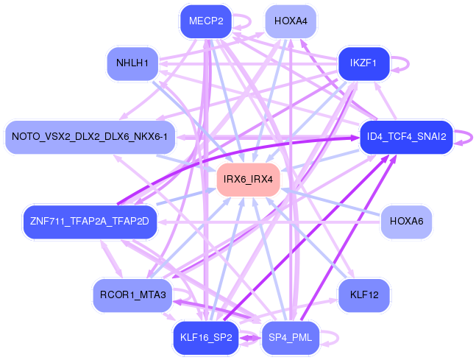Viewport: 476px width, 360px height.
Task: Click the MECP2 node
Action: (206, 21)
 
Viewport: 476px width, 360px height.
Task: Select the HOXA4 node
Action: (291, 21)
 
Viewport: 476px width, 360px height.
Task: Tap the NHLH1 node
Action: (132, 63)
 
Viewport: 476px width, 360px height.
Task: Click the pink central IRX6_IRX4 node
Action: (248, 180)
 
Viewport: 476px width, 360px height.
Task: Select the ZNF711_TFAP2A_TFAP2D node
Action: (90, 221)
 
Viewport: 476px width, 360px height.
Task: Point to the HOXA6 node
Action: (405, 221)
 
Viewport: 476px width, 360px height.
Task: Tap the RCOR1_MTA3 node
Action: (132, 295)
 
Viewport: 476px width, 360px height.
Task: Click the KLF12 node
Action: (364, 295)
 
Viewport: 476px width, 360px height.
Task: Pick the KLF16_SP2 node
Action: (206, 338)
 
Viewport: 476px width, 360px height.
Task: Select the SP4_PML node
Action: (291, 338)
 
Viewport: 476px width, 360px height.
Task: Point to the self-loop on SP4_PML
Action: (333, 338)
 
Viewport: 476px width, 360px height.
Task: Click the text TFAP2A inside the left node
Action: (90, 221)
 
